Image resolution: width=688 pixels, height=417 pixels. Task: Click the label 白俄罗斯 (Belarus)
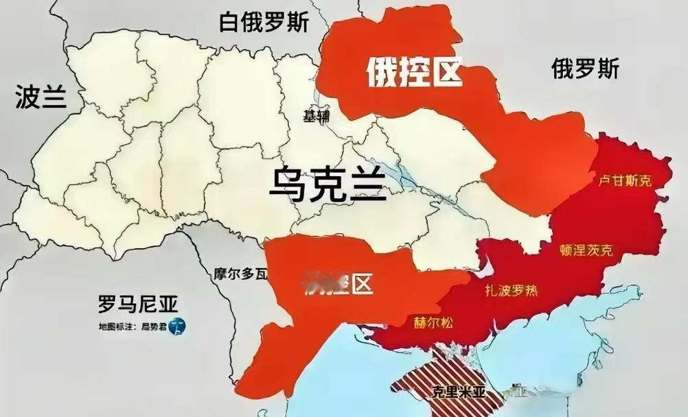264,22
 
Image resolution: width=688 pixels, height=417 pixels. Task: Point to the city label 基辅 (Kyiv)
316,116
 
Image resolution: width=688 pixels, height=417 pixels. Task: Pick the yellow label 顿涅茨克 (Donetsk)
586,250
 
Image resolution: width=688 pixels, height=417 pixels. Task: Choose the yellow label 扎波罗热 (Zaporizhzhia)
509,290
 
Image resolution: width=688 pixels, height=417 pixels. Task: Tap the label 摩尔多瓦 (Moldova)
240,275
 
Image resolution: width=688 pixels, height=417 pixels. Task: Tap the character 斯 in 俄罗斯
608,68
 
